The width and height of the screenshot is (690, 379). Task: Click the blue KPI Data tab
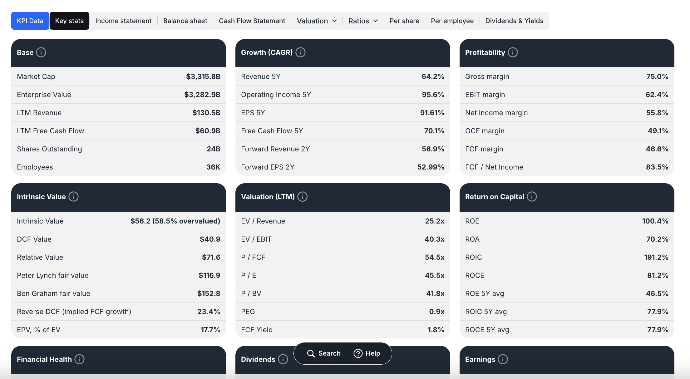(30, 21)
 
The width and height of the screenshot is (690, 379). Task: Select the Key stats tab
(69, 21)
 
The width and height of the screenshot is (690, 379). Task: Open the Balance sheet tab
(185, 21)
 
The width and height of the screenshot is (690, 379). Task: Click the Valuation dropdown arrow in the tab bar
(334, 21)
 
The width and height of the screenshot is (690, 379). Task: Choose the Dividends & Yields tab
(514, 21)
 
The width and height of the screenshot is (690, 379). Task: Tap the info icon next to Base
(41, 52)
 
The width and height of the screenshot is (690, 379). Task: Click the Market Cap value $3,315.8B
(203, 76)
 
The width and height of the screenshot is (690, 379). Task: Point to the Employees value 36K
(213, 167)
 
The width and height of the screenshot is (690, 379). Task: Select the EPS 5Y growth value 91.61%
(432, 113)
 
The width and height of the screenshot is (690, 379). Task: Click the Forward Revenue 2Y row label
(275, 149)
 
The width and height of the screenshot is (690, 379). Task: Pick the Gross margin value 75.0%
(657, 76)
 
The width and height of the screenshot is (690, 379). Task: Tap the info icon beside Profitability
(513, 52)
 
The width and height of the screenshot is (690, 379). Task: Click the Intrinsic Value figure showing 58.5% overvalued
(175, 221)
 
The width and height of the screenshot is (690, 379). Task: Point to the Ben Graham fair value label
(53, 293)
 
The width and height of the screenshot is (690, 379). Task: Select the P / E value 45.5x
(434, 275)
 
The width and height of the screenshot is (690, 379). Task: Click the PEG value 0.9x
(436, 312)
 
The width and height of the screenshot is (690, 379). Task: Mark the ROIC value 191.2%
(656, 257)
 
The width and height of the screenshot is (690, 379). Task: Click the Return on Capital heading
(494, 197)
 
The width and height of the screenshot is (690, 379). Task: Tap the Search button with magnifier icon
(324, 353)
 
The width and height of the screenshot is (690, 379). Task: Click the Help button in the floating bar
(367, 353)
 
